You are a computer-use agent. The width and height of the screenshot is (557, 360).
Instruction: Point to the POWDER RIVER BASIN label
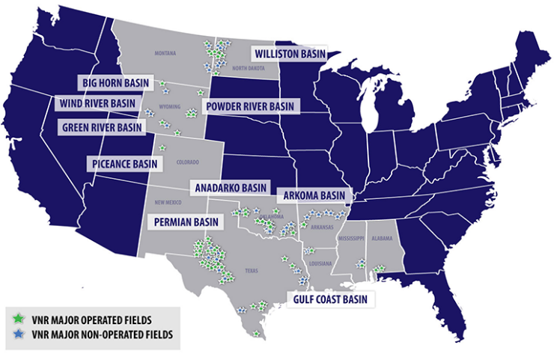[x=251, y=106]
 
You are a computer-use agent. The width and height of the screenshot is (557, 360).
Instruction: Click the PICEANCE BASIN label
[x=125, y=162]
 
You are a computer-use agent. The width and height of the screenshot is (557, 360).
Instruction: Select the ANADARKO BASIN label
[x=230, y=186]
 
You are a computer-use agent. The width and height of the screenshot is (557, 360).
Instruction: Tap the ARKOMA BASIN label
[x=314, y=195]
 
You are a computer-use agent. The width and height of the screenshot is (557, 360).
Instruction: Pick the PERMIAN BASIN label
[x=186, y=222]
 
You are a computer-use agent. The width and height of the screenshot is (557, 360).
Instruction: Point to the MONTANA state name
[x=165, y=53]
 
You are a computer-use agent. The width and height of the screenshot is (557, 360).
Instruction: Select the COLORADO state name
[x=187, y=162]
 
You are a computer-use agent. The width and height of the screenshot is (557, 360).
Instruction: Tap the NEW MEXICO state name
[x=169, y=203]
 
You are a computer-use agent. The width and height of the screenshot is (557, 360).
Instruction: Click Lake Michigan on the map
[x=372, y=112]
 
